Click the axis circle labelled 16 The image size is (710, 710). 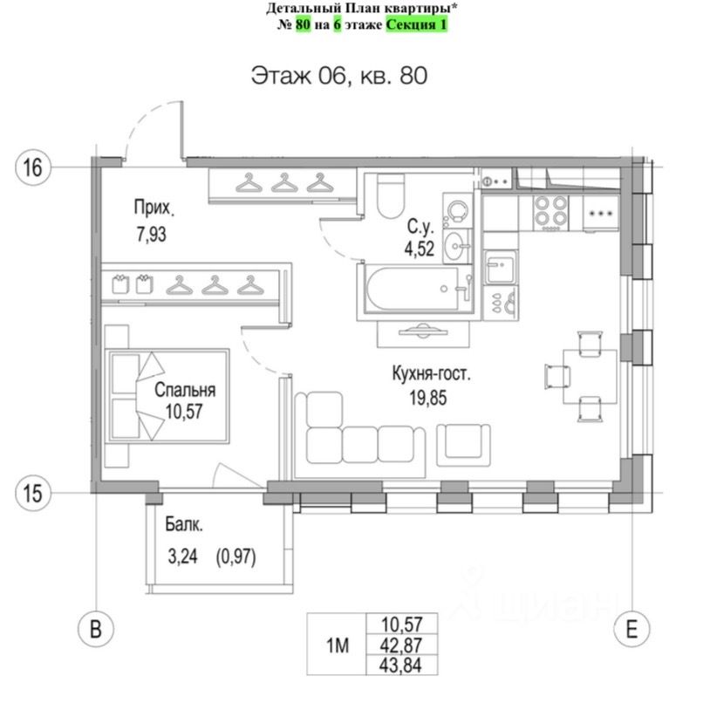31,166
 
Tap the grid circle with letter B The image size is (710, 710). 98,629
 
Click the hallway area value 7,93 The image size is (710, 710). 150,234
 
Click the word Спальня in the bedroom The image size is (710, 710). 185,391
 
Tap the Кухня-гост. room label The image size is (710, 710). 431,376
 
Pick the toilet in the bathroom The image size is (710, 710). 390,195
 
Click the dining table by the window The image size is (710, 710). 582,374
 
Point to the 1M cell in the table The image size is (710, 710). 338,646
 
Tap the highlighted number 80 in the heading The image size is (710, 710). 303,24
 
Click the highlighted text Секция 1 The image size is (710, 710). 417,24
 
